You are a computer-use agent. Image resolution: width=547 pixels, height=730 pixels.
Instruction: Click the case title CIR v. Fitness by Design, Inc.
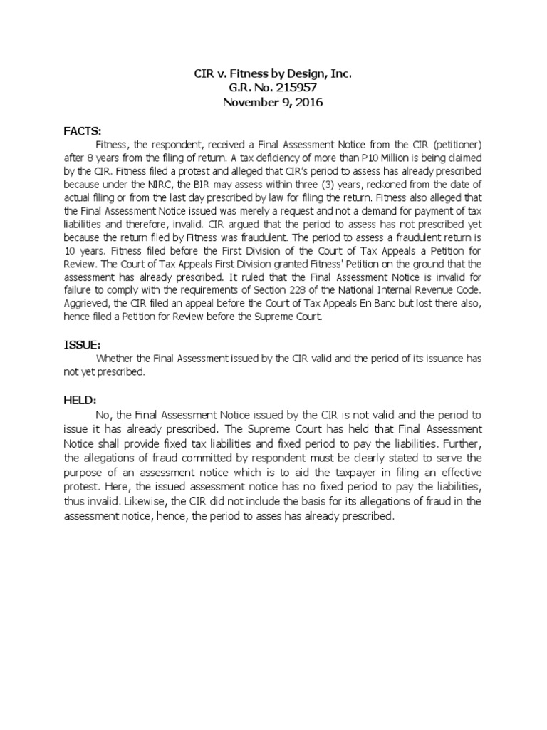[273, 74]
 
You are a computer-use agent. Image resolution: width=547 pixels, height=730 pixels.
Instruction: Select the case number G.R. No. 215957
[273, 88]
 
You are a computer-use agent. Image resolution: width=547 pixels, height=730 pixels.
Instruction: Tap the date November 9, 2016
[273, 102]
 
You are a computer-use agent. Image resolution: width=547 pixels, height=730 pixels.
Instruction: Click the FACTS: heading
[83, 130]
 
